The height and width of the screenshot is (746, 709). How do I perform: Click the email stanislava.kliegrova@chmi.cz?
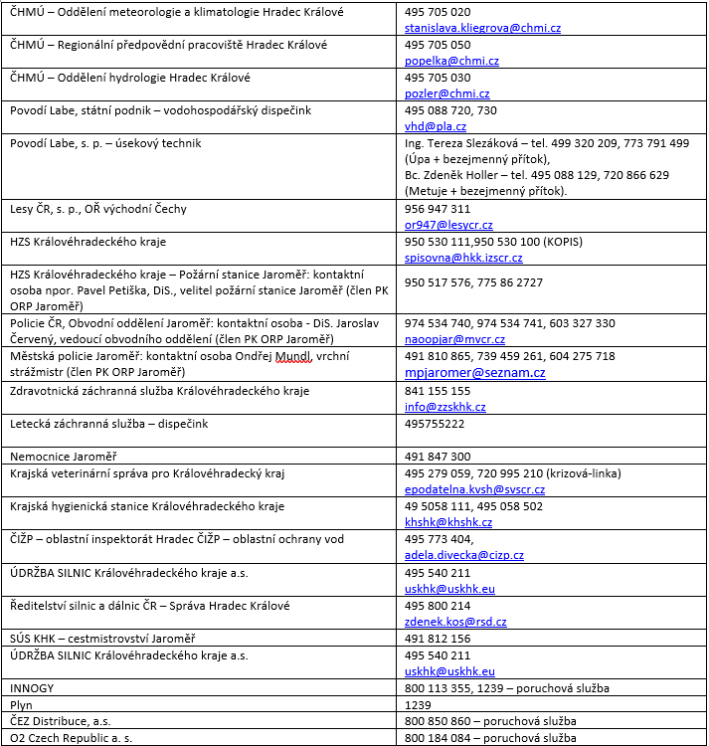[x=477, y=28]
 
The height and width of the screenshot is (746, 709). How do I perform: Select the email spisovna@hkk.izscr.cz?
[x=463, y=258]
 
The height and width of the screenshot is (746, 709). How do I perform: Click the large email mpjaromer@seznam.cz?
[x=474, y=372]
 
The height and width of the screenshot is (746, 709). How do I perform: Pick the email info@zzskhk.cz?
[x=445, y=407]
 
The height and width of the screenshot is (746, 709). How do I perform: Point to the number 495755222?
[x=435, y=424]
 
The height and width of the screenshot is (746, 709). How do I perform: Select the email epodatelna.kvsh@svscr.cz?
[x=474, y=489]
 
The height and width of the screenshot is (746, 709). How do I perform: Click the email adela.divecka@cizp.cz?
[x=464, y=555]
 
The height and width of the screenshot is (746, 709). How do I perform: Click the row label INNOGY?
[x=32, y=688]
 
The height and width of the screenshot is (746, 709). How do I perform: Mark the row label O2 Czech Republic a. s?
[x=71, y=738]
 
